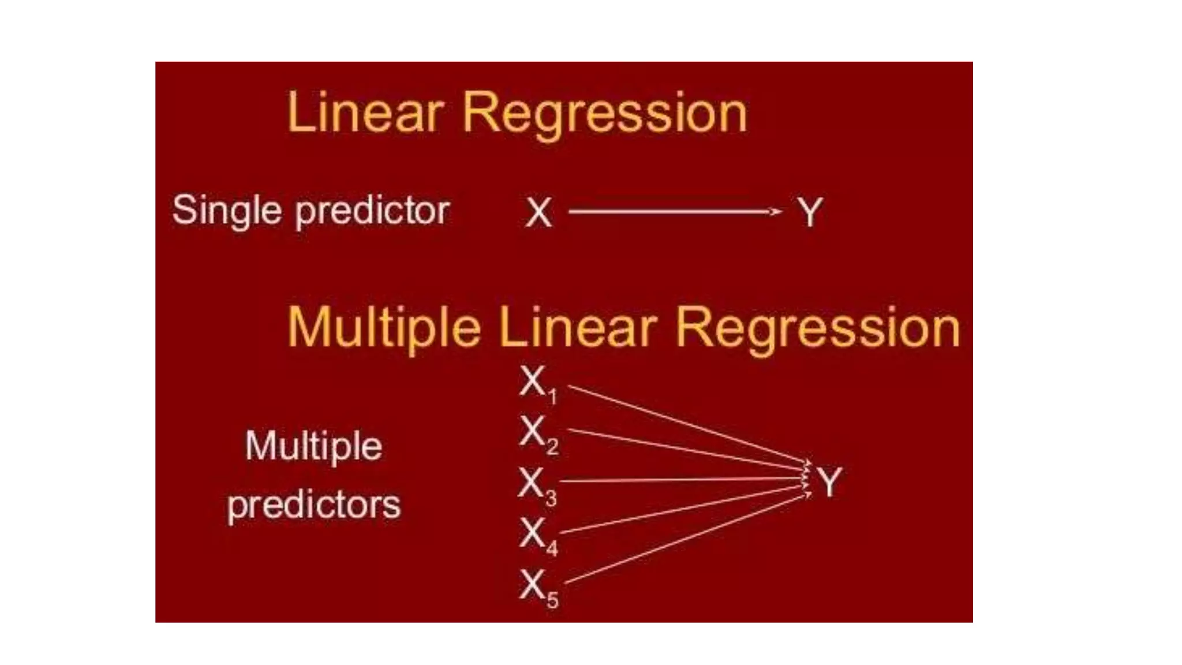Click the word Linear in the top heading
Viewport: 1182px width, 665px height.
point(365,113)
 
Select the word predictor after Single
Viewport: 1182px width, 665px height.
point(372,211)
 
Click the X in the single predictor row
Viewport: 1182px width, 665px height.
point(538,212)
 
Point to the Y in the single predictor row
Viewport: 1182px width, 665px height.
point(810,212)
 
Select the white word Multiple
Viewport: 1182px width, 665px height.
point(313,446)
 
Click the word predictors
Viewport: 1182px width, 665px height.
point(313,505)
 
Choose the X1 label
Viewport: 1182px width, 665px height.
point(537,384)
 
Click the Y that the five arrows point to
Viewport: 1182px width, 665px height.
point(829,482)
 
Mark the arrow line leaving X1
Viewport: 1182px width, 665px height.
point(687,424)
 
